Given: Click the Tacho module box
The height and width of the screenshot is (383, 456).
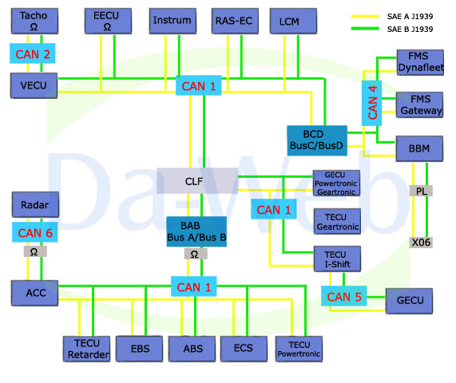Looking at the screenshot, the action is [x=34, y=21].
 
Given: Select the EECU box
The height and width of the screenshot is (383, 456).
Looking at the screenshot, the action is [x=108, y=21].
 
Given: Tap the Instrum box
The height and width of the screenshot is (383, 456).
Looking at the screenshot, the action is [x=172, y=21].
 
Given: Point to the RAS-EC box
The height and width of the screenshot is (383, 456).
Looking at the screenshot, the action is [x=235, y=21].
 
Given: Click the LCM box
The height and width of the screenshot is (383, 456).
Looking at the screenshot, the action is [x=293, y=21].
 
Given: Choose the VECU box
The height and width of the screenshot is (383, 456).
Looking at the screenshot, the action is [x=34, y=85].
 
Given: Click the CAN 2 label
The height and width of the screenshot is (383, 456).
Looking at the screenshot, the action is [x=33, y=53].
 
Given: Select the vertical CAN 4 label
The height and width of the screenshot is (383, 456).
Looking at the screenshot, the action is [x=371, y=103].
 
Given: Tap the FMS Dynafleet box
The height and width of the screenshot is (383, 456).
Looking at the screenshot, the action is [x=420, y=62].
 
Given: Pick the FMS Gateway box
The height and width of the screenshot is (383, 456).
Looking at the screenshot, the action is [x=419, y=105].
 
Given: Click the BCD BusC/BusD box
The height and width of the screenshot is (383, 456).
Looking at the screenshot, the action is [x=317, y=140].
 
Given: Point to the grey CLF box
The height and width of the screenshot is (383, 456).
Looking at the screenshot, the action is [x=197, y=181].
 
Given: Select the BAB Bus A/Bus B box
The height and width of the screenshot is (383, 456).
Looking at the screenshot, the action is [x=196, y=231].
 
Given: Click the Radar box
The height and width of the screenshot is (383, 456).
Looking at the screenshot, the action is [x=35, y=204].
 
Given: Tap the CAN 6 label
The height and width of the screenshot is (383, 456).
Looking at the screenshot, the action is [x=35, y=232].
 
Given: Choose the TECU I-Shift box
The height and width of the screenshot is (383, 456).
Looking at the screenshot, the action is [x=337, y=259].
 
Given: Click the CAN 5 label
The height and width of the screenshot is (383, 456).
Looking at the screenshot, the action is [x=343, y=296].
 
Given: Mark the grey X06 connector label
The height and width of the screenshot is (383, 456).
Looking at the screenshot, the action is [x=421, y=243].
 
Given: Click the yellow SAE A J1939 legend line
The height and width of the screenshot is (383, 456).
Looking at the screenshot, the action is [x=365, y=17].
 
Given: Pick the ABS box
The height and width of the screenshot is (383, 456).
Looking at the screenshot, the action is [x=192, y=349].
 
